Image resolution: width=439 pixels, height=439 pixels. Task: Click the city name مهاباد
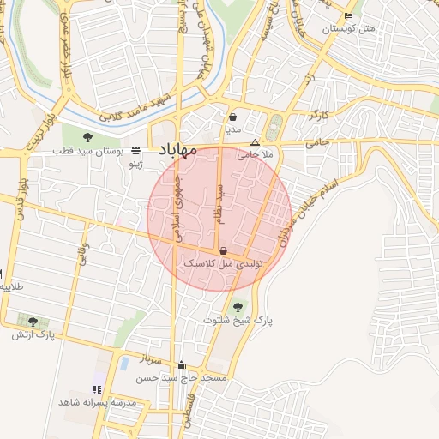[x=178, y=151]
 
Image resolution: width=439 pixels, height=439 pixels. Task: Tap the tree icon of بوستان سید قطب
[x=88, y=137]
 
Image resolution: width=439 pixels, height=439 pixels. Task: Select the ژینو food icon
[x=136, y=148]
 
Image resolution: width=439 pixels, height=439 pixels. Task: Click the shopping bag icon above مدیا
[x=232, y=117]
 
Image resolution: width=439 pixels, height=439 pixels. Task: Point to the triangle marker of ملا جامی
[x=255, y=142]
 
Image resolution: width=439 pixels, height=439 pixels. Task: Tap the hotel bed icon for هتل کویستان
[x=347, y=16]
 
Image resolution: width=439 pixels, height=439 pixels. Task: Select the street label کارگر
[x=321, y=114]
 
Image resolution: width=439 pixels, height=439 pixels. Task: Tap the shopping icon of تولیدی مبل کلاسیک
[x=224, y=251]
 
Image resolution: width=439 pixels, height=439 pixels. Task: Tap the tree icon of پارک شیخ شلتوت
[x=238, y=306]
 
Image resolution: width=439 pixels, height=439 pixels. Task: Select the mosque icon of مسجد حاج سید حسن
[x=180, y=364]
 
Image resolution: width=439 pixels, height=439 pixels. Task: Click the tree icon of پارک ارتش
[x=33, y=322]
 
